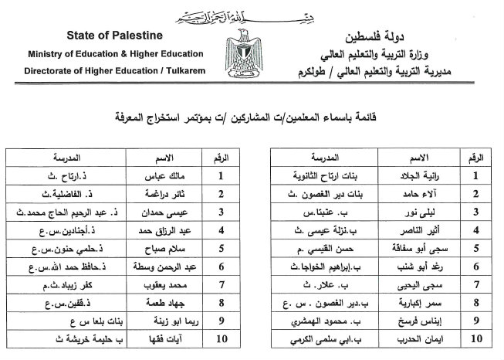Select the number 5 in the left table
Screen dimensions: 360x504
point(221,248)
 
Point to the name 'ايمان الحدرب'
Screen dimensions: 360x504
point(424,337)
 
